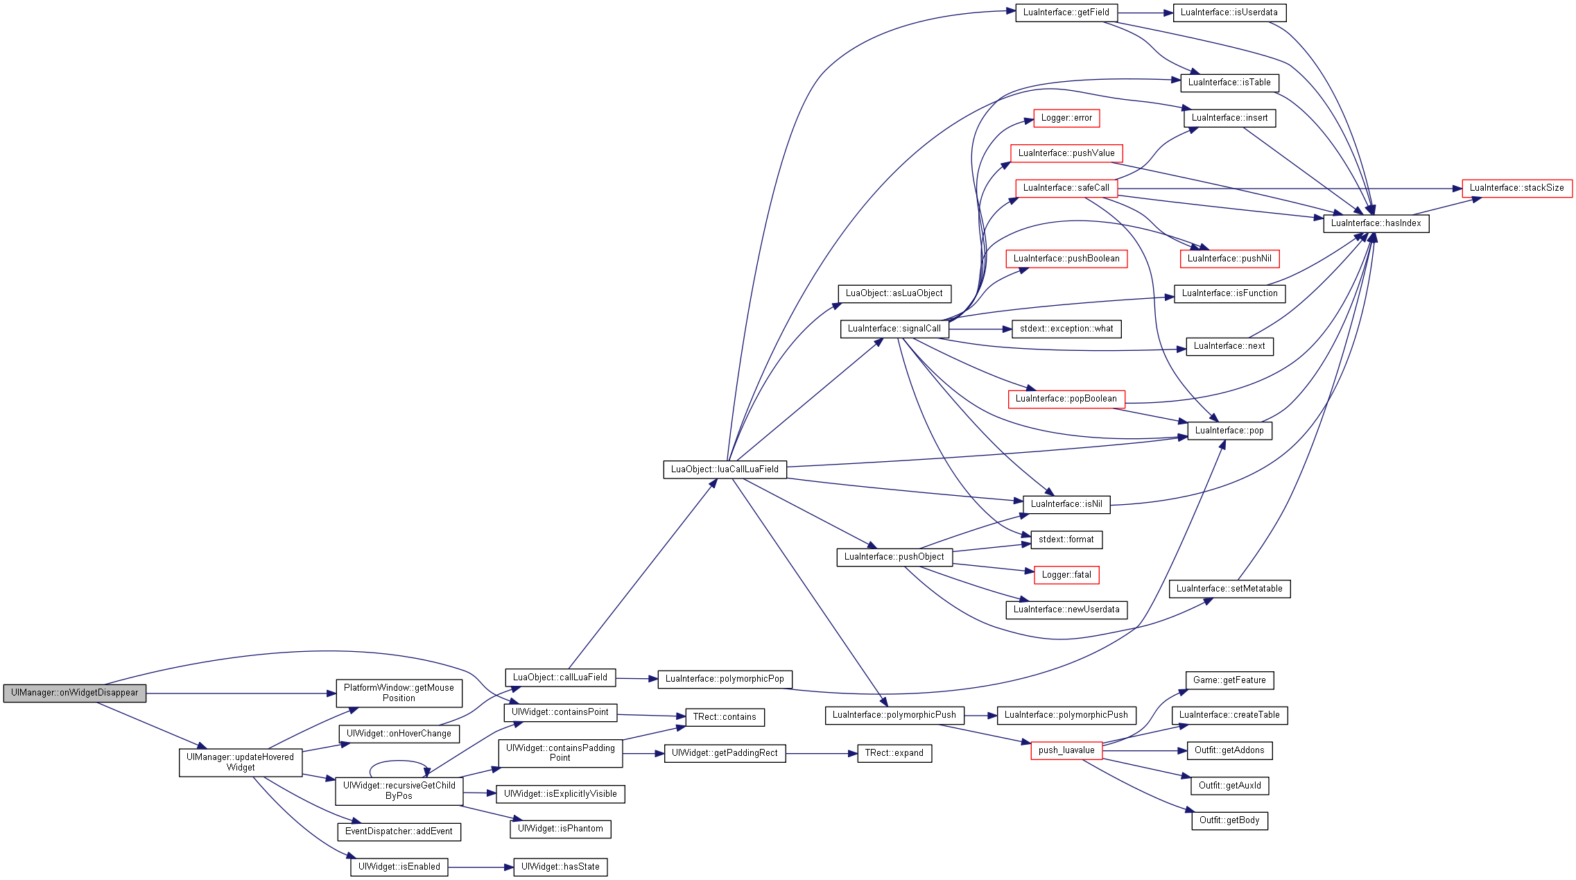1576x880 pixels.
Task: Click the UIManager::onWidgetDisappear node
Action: (x=75, y=693)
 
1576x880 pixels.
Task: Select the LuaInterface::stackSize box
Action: (x=1517, y=188)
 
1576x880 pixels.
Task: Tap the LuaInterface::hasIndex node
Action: (x=1376, y=223)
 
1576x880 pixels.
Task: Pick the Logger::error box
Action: (x=1066, y=118)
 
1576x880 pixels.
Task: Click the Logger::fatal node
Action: (x=1066, y=575)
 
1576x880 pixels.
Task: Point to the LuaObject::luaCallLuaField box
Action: (x=725, y=469)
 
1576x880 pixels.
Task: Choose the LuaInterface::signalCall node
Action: (x=894, y=329)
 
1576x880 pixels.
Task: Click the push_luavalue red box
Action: (x=1066, y=750)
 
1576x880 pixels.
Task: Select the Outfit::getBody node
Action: (x=1229, y=820)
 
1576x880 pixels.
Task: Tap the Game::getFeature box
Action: (x=1229, y=680)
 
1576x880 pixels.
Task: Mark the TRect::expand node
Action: (x=894, y=753)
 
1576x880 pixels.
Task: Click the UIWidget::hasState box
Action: (x=560, y=867)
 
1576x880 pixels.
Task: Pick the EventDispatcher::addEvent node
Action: (x=399, y=831)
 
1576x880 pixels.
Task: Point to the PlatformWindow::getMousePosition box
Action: (x=399, y=693)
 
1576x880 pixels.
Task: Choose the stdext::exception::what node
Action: (x=1066, y=329)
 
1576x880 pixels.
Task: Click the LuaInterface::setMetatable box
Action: (x=1229, y=589)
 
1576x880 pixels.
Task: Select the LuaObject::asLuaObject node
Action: (x=894, y=293)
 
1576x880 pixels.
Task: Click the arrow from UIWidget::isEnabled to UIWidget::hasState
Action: (x=480, y=868)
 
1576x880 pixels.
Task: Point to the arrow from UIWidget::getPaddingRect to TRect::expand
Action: (x=822, y=754)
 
